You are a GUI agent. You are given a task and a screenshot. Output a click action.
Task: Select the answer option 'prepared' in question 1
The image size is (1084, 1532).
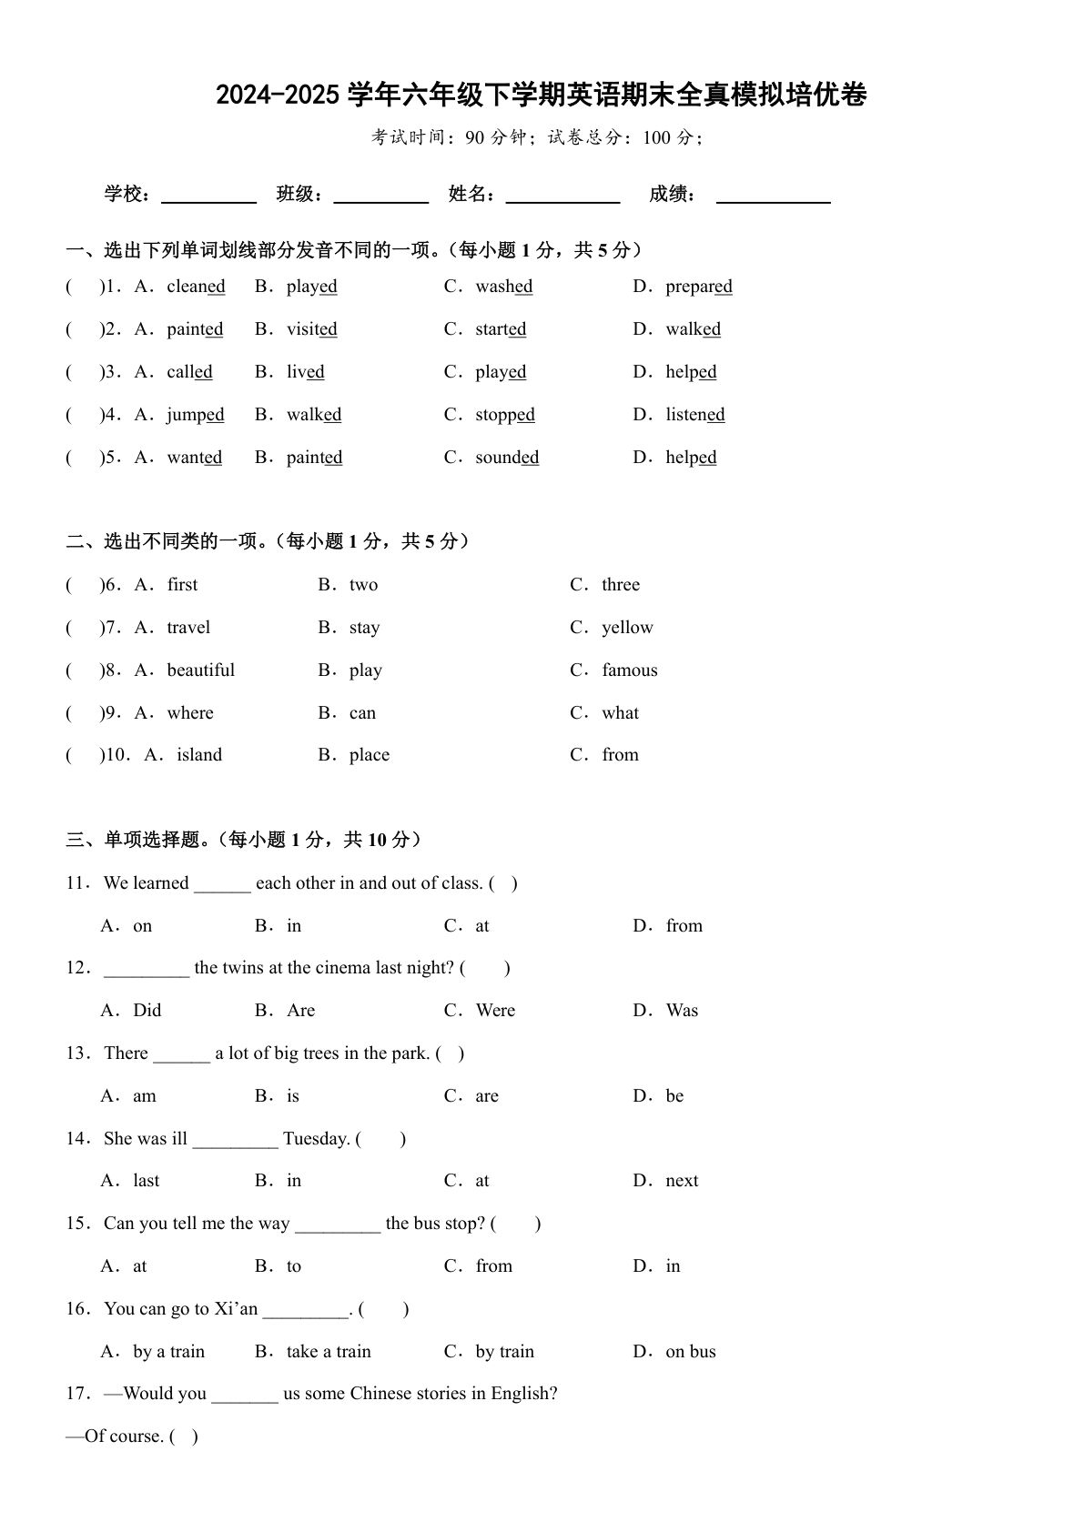point(698,287)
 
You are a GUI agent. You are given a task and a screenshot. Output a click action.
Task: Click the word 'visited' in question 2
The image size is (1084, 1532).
point(311,329)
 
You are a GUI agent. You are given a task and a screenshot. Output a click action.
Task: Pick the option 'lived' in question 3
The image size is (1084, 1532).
point(305,372)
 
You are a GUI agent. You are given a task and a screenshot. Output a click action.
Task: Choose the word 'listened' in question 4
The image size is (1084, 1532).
point(694,415)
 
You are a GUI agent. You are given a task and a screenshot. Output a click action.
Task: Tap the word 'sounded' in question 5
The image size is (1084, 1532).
point(506,458)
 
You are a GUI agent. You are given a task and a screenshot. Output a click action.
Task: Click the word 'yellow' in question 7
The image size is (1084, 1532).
point(627,628)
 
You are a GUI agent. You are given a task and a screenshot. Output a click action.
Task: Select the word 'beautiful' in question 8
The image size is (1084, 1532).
point(200,670)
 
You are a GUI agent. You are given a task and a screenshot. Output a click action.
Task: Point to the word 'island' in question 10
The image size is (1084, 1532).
point(199,755)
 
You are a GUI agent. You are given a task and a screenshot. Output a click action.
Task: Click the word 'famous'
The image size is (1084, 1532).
point(629,670)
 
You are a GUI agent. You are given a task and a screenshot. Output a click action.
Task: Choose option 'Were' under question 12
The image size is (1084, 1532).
point(495,1011)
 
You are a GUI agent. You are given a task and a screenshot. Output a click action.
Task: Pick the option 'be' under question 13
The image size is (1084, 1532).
point(674,1096)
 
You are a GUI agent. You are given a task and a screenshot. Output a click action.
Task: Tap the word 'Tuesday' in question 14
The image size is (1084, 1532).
point(316,1139)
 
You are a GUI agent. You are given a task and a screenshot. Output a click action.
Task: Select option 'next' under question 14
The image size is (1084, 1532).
point(682,1181)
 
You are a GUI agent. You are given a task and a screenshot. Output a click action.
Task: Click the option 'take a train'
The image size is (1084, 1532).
point(329,1352)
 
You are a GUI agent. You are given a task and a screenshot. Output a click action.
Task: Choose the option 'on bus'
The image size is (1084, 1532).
point(690,1352)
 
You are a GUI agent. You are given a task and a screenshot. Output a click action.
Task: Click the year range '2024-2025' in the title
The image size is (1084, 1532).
point(278,95)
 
